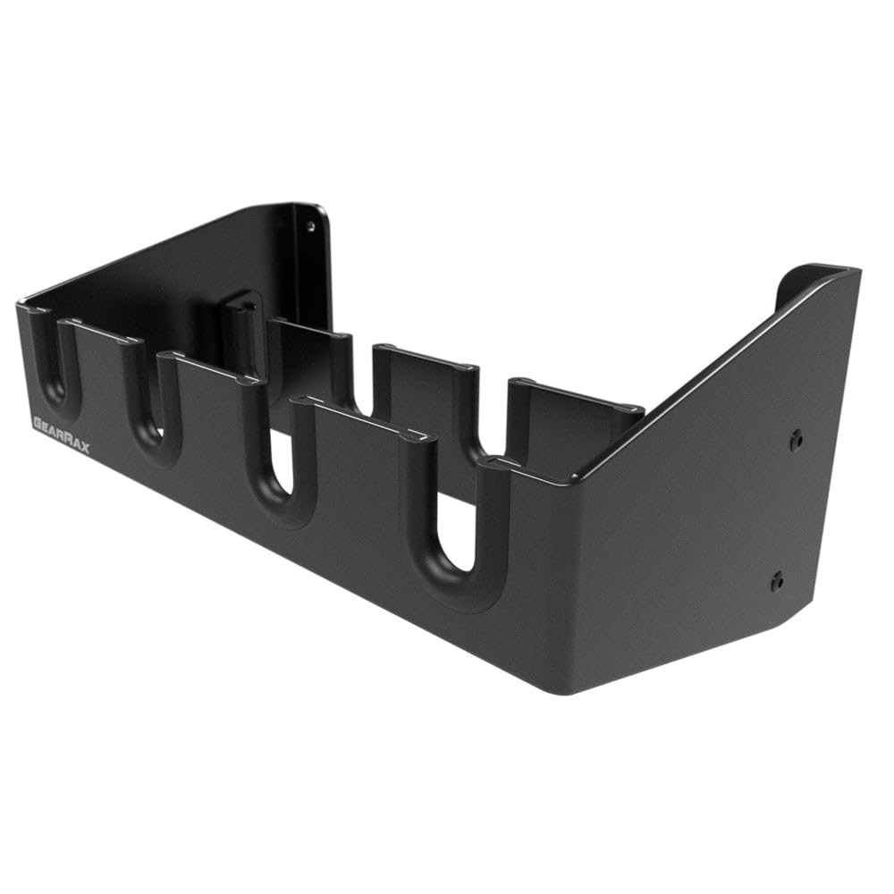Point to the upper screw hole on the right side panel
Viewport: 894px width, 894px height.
pyautogui.click(x=796, y=440)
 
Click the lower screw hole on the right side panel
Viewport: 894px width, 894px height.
pyautogui.click(x=777, y=581)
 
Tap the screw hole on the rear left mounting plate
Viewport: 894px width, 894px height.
pyautogui.click(x=311, y=226)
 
